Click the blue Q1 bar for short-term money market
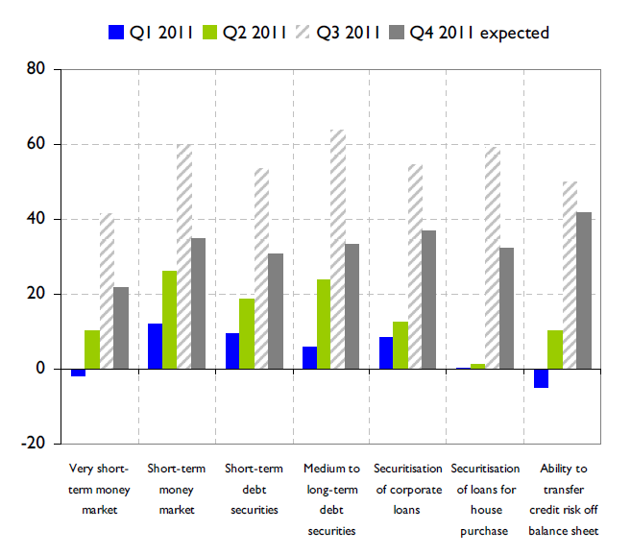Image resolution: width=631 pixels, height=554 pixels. click(155, 346)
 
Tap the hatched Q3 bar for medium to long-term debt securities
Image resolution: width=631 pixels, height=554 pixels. click(337, 249)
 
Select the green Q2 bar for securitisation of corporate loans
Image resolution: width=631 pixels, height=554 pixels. click(400, 345)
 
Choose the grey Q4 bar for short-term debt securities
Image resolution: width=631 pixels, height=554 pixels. click(276, 311)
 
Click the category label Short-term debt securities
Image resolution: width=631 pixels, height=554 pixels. click(254, 489)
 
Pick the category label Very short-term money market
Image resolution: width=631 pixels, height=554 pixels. click(100, 489)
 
